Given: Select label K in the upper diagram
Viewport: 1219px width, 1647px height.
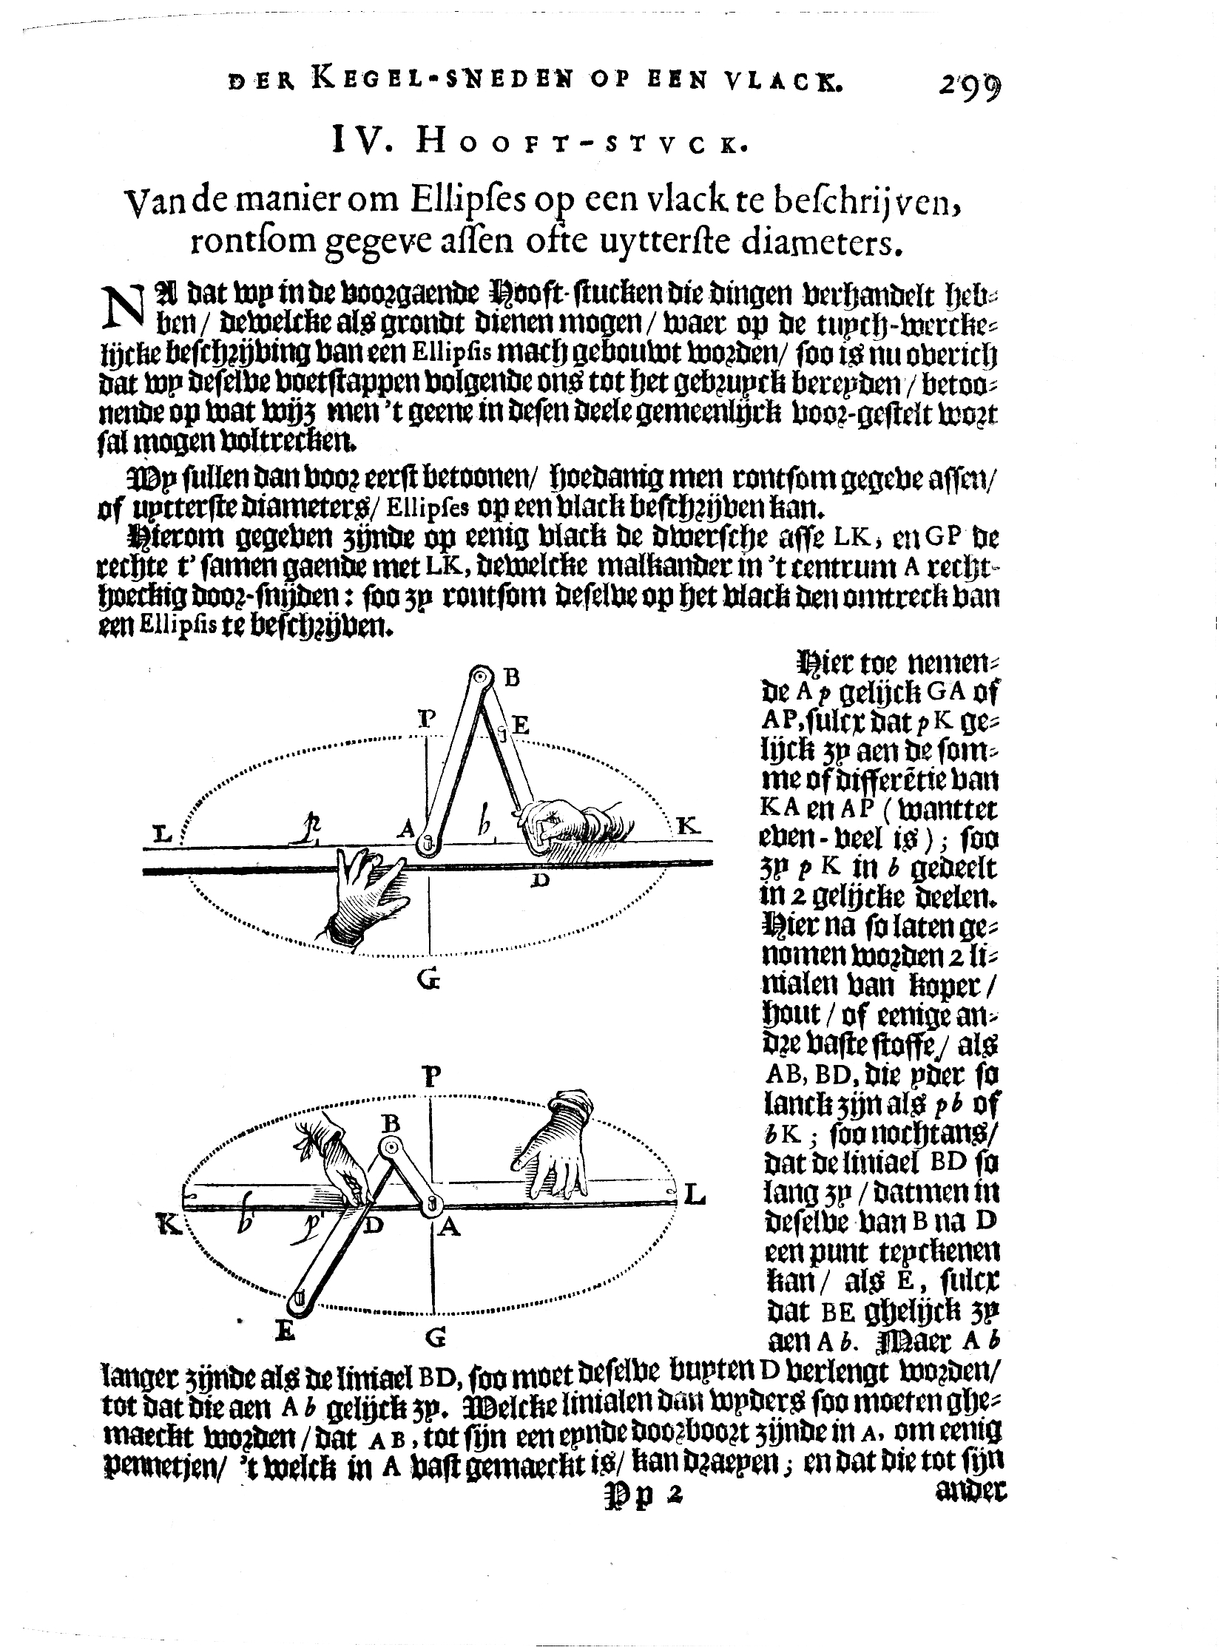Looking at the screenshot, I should click(687, 826).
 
